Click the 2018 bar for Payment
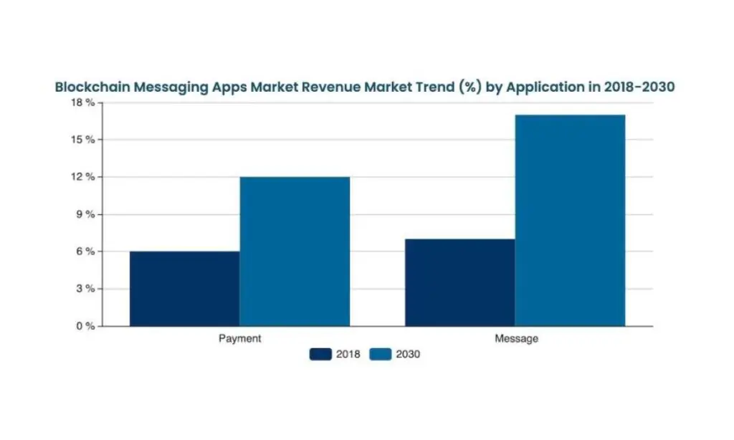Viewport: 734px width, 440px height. point(184,289)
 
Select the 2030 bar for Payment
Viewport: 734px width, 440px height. point(295,252)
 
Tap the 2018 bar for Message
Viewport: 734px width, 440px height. point(459,282)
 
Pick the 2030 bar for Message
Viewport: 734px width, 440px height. point(570,220)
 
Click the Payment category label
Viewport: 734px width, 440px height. point(239,338)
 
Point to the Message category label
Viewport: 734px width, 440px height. point(515,338)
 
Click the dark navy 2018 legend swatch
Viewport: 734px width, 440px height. point(320,354)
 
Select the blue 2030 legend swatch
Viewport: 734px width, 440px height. point(381,354)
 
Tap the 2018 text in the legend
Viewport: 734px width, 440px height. point(348,354)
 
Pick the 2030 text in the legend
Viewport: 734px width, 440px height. point(408,354)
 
